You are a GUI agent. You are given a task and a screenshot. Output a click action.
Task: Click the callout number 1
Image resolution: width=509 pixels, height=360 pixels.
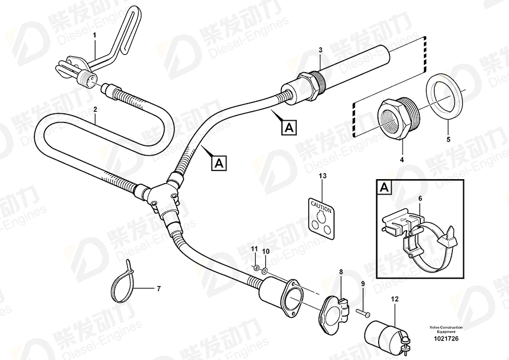pos(95,35)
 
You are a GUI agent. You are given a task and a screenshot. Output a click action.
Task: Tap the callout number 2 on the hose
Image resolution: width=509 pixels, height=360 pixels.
pos(95,109)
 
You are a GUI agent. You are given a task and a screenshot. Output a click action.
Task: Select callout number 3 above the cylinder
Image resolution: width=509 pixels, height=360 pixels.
pos(320,50)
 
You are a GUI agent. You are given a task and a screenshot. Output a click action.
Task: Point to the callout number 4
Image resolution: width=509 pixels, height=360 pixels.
pos(401,160)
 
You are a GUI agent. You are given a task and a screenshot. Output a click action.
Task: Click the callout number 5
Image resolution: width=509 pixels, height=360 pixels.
pos(448,140)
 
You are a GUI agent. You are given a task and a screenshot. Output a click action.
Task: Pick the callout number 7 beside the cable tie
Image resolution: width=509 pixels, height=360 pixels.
pos(159,288)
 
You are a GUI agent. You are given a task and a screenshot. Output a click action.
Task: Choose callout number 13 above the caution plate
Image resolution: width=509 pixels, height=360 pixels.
pos(323,176)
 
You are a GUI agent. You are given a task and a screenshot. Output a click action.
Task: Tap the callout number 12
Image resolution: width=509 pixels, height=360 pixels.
pos(395,299)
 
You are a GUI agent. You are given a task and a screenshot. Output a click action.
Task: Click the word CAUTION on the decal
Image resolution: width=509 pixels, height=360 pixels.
pos(321,207)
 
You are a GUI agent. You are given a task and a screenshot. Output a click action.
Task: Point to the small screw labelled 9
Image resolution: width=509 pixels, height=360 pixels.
pos(364,312)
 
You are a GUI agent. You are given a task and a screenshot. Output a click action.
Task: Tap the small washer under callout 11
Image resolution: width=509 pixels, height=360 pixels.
pos(256,268)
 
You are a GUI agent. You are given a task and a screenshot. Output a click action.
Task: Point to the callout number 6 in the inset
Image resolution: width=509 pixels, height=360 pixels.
pos(420,199)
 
